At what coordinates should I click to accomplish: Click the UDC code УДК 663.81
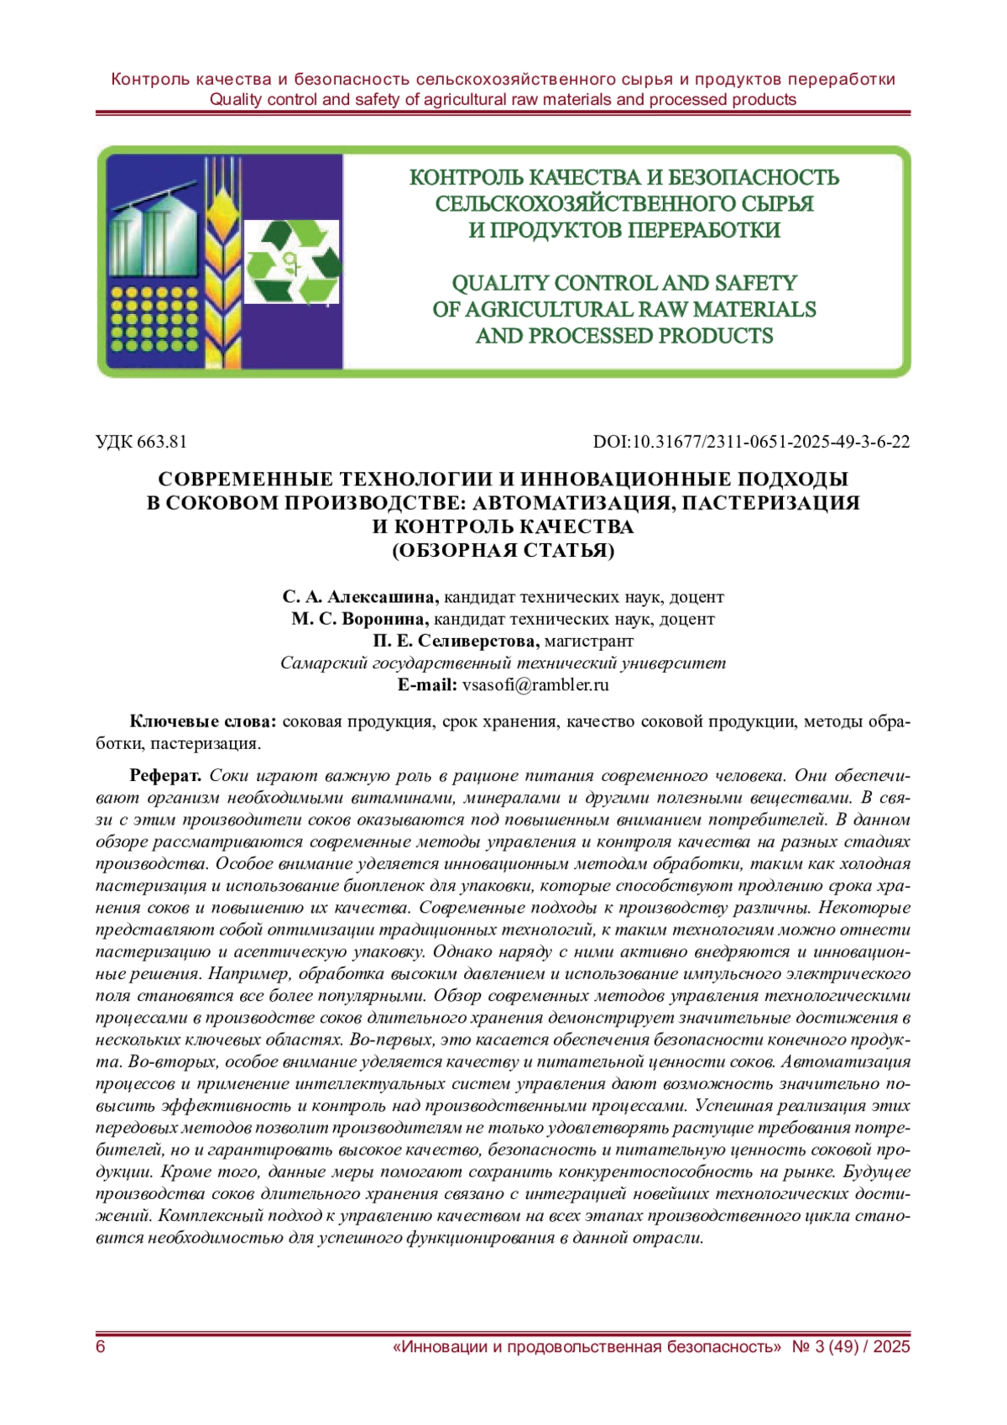pyautogui.click(x=141, y=442)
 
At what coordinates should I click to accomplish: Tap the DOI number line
pyautogui.click(x=751, y=442)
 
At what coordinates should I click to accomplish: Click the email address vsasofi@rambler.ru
pyautogui.click(x=535, y=684)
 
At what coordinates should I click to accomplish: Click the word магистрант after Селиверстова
pyautogui.click(x=589, y=641)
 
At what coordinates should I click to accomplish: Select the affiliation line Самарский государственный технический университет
pyautogui.click(x=503, y=663)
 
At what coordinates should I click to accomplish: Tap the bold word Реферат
pyautogui.click(x=164, y=775)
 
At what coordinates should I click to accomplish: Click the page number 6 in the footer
pyautogui.click(x=101, y=1347)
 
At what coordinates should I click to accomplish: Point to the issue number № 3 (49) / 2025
pyautogui.click(x=851, y=1347)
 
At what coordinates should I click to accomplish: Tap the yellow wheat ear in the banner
pyautogui.click(x=223, y=252)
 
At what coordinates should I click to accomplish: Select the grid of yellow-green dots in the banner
pyautogui.click(x=154, y=319)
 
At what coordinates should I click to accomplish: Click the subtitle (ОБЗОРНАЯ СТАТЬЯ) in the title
pyautogui.click(x=503, y=551)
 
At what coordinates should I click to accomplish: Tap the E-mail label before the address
pyautogui.click(x=426, y=684)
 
